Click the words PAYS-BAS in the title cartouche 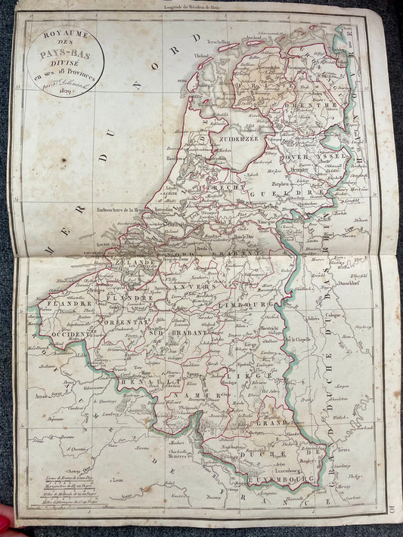tap(65, 54)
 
